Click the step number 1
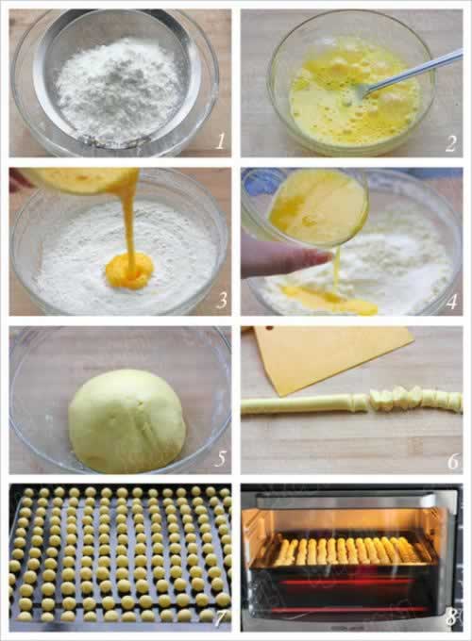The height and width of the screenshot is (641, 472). click(x=220, y=141)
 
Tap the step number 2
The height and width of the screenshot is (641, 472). click(x=450, y=143)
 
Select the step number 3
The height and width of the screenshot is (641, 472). click(x=222, y=301)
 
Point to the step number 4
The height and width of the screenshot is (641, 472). click(x=451, y=302)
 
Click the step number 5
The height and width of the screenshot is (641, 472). click(x=221, y=459)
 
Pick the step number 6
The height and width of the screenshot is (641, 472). click(x=453, y=461)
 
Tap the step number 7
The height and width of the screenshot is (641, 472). click(x=220, y=618)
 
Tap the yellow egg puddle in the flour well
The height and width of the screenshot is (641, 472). click(x=129, y=271)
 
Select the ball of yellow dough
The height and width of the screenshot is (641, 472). click(x=126, y=421)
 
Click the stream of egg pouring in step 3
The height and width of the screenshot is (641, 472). click(x=130, y=221)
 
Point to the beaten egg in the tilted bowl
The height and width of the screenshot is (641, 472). click(x=318, y=206)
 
